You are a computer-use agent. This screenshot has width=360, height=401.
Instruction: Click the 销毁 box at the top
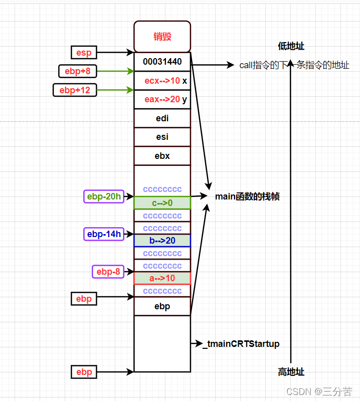[x=162, y=37]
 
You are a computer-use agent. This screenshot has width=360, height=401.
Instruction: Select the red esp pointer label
[x=84, y=52]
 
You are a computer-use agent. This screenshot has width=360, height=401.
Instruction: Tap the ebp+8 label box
[x=78, y=71]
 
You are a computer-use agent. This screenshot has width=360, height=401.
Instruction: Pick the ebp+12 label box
[x=75, y=90]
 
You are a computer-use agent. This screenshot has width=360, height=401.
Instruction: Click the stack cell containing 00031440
[x=162, y=62]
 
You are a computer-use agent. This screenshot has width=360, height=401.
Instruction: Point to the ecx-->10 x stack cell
[x=162, y=81]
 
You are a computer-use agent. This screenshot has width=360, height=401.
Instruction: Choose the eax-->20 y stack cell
[x=162, y=99]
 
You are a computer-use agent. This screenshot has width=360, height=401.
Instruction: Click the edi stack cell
[x=162, y=118]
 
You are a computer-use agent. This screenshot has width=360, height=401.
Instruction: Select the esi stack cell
[x=162, y=137]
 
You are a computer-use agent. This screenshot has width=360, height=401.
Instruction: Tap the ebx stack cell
[x=162, y=156]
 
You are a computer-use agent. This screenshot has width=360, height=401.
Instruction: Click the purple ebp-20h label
[x=104, y=196]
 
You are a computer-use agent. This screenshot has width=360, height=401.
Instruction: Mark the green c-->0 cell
[x=162, y=203]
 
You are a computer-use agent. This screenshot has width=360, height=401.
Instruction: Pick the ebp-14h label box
[x=104, y=234]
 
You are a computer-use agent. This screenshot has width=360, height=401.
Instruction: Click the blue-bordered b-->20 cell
[x=162, y=241]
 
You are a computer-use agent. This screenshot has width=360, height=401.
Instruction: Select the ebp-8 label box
[x=108, y=272]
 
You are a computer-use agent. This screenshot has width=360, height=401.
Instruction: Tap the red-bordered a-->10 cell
[x=162, y=278]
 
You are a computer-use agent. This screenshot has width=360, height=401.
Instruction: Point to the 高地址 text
[x=291, y=372]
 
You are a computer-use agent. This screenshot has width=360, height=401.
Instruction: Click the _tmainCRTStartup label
[x=241, y=344]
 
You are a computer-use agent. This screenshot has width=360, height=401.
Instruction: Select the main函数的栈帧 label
[x=247, y=196]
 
